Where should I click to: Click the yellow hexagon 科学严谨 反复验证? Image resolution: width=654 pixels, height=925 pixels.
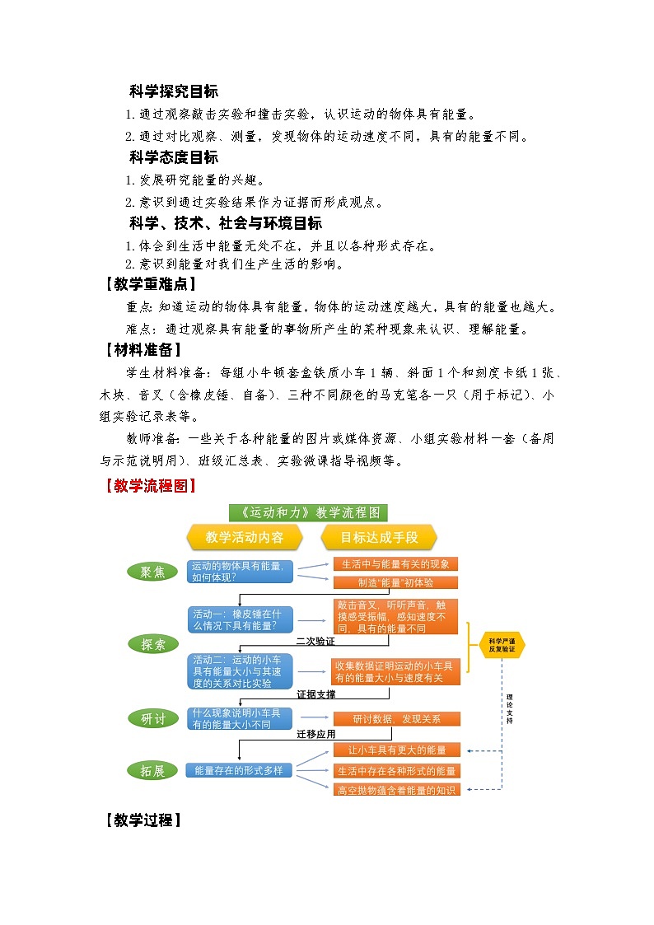coord(502,645)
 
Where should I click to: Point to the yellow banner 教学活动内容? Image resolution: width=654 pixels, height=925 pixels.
coord(244,538)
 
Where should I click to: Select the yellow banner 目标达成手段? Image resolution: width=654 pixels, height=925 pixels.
coord(380,538)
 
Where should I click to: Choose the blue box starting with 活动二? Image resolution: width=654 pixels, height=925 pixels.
coord(241,670)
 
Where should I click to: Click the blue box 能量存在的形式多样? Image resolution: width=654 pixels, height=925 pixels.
coord(239,771)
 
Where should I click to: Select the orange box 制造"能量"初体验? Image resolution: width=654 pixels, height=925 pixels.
coord(396,582)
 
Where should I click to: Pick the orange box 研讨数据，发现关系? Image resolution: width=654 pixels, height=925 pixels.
coord(396,719)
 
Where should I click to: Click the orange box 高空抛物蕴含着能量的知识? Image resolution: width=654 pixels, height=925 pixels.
coord(396,790)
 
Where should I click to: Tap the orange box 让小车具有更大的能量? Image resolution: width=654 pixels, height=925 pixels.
coord(396,750)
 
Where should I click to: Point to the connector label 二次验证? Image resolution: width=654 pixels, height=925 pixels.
coord(315,641)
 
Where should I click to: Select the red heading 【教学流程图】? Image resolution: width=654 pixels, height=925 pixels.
coord(150,486)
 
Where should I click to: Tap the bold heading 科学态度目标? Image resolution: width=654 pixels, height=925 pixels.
coord(174,157)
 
